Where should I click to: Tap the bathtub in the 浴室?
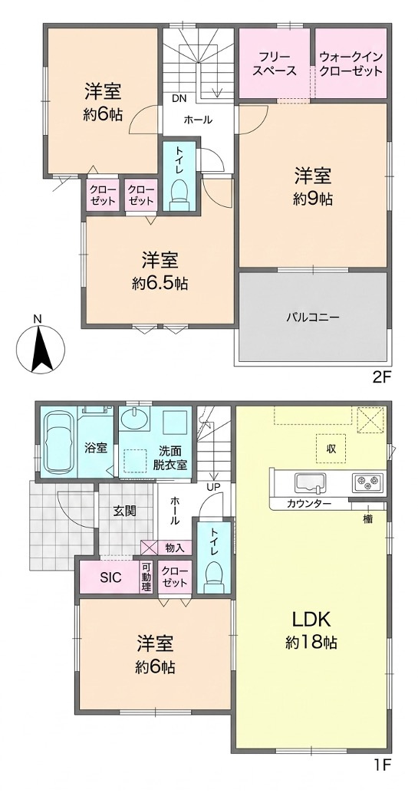(x=58, y=443)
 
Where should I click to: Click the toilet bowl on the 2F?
(x=179, y=195)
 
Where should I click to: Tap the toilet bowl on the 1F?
(x=213, y=577)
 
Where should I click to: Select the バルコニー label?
(x=312, y=317)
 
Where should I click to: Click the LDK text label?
(x=311, y=620)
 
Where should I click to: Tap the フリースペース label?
(x=275, y=64)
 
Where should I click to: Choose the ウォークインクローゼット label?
(x=351, y=64)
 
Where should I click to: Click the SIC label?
(x=109, y=577)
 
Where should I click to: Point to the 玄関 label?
(x=124, y=511)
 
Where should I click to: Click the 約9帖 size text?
(x=314, y=199)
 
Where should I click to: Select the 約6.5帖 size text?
(x=160, y=284)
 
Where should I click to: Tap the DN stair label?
(x=178, y=98)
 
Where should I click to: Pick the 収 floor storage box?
(x=331, y=449)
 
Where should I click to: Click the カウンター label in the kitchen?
(x=309, y=504)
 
